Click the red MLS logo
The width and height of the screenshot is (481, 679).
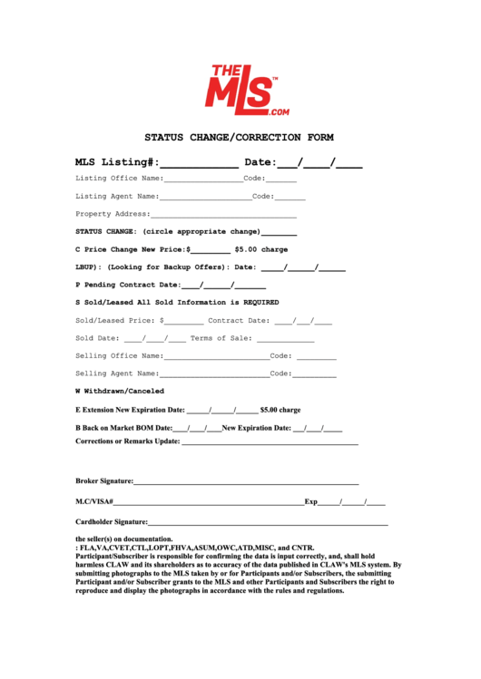pyautogui.click(x=240, y=88)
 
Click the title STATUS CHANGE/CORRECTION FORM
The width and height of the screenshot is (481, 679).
pyautogui.click(x=240, y=138)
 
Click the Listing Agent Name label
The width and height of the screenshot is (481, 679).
pyautogui.click(x=117, y=196)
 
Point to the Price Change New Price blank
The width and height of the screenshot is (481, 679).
pyautogui.click(x=210, y=250)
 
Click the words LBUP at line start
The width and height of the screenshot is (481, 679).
pyautogui.click(x=88, y=267)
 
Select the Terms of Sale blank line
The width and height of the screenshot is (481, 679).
pyautogui.click(x=285, y=340)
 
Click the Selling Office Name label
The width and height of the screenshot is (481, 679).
pyautogui.click(x=119, y=355)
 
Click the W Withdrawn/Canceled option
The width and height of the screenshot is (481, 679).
pyautogui.click(x=120, y=391)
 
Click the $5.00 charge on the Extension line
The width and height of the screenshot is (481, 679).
pyautogui.click(x=280, y=410)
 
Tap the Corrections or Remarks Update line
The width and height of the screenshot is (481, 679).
pyautogui.click(x=270, y=444)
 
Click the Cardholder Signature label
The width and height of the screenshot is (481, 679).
pyautogui.click(x=111, y=522)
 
